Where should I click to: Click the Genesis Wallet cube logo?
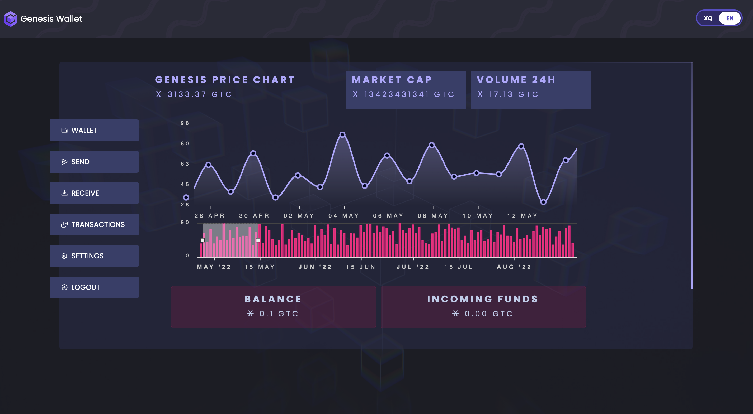[x=11, y=19]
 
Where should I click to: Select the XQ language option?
[x=708, y=18]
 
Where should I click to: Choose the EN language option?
[x=730, y=18]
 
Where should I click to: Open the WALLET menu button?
[x=95, y=130]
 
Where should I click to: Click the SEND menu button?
[x=95, y=162]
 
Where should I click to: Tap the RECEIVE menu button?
[x=95, y=193]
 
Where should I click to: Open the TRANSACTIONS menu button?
[x=95, y=224]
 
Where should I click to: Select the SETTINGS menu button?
[x=95, y=256]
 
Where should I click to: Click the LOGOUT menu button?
[x=95, y=287]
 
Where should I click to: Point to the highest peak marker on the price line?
[x=342, y=134]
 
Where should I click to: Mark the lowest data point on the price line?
[x=543, y=202]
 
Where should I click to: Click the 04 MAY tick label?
[x=343, y=216]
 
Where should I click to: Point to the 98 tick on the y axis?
[x=185, y=123]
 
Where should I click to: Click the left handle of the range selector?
[x=203, y=240]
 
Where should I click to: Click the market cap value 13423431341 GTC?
[x=409, y=94]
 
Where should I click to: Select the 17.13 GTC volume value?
[x=514, y=94]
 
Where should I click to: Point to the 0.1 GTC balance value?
[x=279, y=314]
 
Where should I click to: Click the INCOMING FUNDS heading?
[x=483, y=299]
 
